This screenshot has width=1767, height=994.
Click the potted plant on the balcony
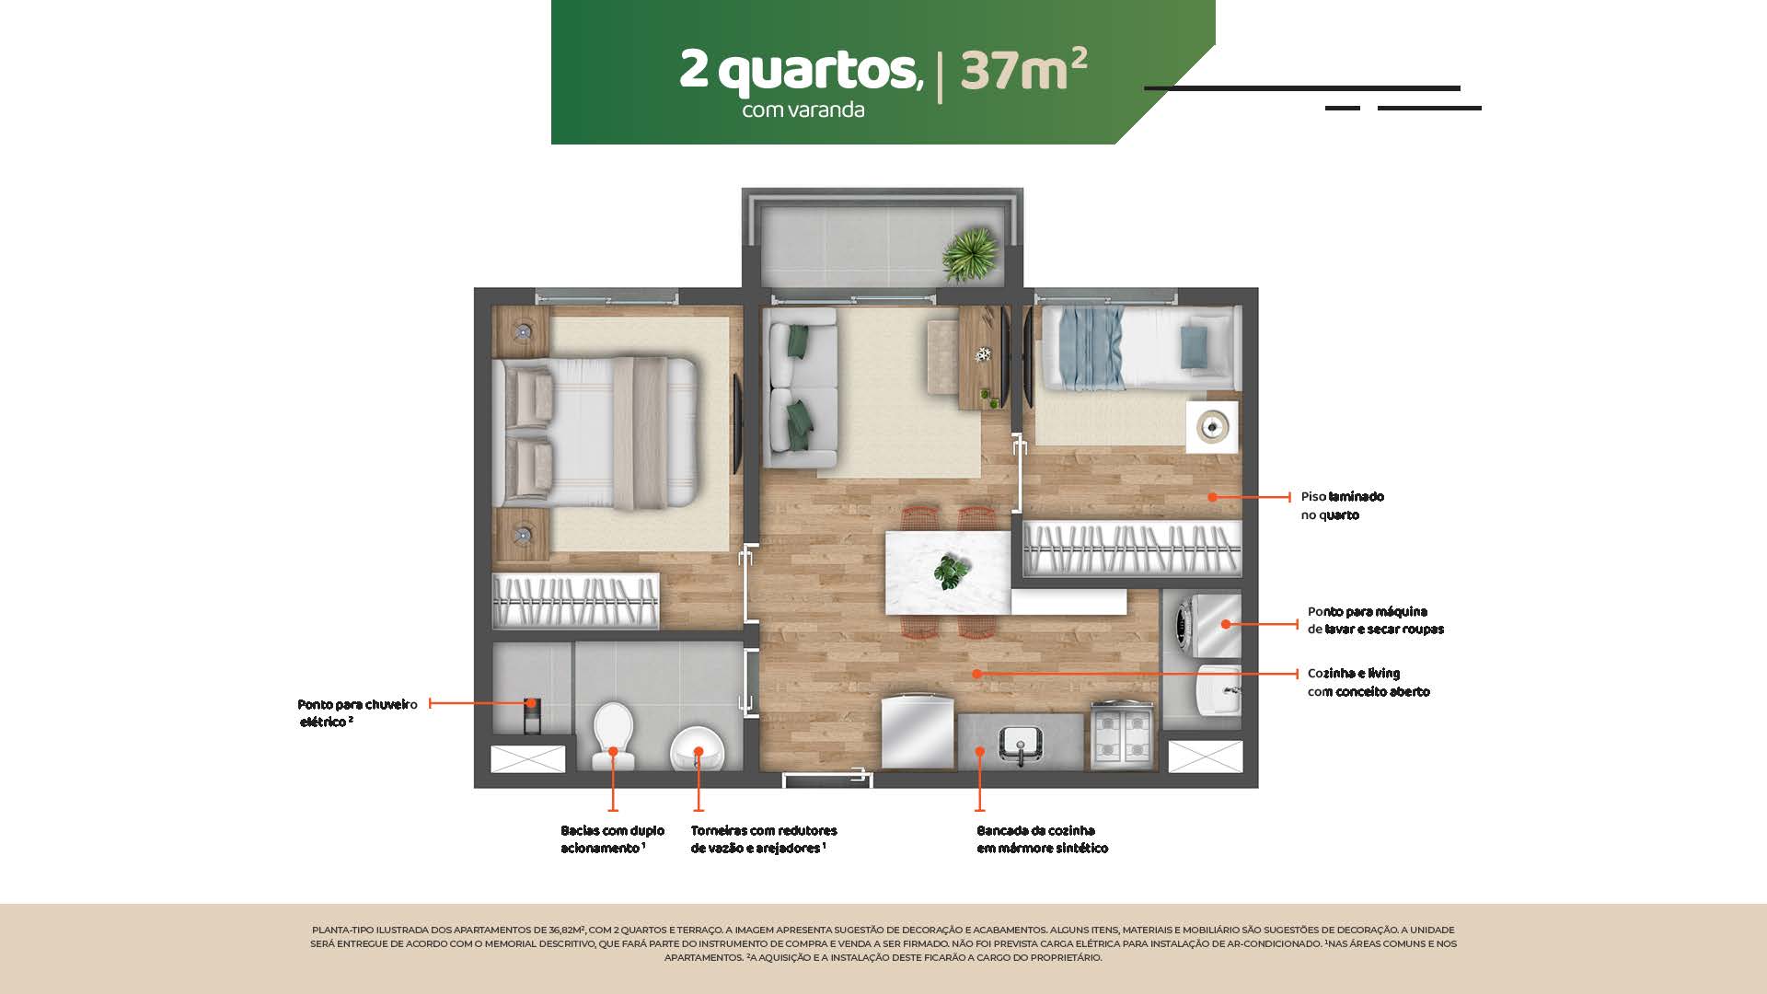point(970,253)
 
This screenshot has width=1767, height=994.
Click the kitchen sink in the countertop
point(1020,744)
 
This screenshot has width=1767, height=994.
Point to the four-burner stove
point(1123,736)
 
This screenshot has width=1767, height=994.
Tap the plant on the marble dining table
point(951,572)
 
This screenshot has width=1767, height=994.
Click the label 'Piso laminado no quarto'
point(1342,505)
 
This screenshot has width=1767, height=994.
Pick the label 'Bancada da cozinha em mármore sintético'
point(1042,839)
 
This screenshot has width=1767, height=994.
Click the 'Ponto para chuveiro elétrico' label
point(357,713)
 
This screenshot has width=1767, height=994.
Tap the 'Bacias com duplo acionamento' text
point(612,839)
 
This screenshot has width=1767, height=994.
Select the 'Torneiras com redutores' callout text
point(764,830)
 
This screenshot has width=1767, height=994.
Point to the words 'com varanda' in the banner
point(803,110)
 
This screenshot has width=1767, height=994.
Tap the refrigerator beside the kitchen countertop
point(918,732)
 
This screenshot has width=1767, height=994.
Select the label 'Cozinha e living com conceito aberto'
point(1368,682)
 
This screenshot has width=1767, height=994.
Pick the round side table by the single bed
point(1212,427)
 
